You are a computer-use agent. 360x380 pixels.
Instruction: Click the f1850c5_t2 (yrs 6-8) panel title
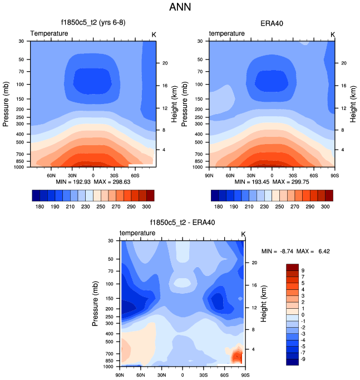(93, 23)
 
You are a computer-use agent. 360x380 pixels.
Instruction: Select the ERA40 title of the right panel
(272, 23)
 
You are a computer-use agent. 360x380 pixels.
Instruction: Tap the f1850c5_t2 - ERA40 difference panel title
(183, 223)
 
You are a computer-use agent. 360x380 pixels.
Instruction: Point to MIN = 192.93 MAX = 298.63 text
(93, 181)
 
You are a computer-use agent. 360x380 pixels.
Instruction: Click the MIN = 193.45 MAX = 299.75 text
(272, 181)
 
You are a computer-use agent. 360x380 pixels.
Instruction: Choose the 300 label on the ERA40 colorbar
(323, 206)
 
